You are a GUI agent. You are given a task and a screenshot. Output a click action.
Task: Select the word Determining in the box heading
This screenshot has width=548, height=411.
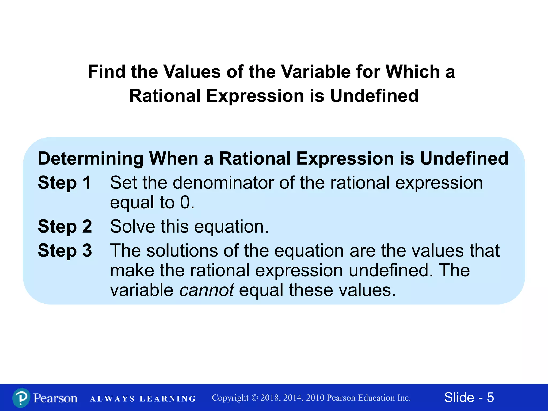(91, 159)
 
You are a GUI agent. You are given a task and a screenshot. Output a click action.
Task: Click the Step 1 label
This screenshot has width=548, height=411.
(64, 183)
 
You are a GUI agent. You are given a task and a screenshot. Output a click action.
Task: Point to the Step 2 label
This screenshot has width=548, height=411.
(65, 226)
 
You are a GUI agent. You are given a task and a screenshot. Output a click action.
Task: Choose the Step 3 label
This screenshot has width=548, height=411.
(65, 251)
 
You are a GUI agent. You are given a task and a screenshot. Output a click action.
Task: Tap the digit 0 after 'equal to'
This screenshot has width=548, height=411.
(185, 203)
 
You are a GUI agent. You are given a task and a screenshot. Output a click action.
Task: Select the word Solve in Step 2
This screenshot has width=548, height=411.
(132, 226)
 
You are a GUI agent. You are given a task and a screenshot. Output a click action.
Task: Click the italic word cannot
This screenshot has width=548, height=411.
(207, 290)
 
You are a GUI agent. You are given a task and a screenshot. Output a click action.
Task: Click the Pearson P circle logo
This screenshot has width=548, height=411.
(21, 398)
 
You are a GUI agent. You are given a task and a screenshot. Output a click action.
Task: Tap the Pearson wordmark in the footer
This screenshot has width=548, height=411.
(55, 398)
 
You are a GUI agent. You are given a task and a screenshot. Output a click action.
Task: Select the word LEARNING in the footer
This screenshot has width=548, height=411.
(168, 399)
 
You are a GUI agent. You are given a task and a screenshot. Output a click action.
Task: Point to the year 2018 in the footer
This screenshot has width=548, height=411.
(270, 398)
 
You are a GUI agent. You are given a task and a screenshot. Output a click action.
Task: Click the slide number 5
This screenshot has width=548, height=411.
(490, 397)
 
